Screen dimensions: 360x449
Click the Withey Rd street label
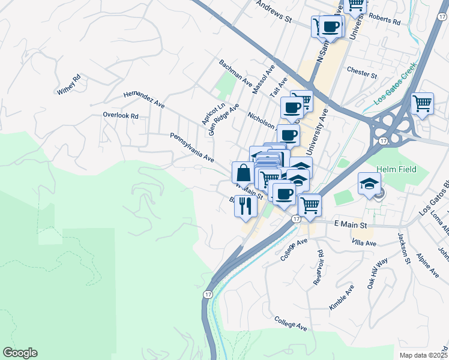[69, 85]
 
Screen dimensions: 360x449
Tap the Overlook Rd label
[120, 115]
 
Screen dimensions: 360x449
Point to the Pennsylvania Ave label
[192, 148]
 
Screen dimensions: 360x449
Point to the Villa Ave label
[364, 244]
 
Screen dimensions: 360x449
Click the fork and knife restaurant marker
[246, 205]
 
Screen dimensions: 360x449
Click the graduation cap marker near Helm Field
[369, 183]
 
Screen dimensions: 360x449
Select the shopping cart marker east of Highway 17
[422, 103]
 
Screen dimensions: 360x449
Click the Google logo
[20, 353]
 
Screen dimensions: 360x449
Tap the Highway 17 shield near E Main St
[297, 219]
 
